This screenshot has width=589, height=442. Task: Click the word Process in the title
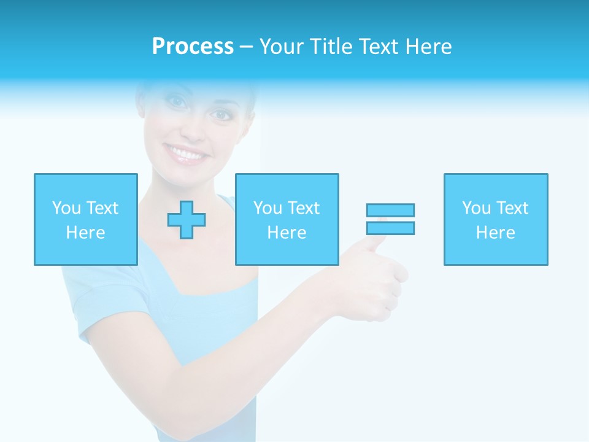[x=193, y=47]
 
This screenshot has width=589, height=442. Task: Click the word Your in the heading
[x=283, y=47]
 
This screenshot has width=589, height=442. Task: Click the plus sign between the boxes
[x=187, y=220]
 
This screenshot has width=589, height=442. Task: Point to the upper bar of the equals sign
[x=390, y=210]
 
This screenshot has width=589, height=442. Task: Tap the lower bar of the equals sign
[x=390, y=228]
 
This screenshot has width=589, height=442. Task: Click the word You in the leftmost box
[x=66, y=208]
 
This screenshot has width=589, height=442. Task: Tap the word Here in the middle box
[x=287, y=233]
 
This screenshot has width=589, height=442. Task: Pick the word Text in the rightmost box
[x=511, y=208]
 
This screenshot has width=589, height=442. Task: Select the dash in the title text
[x=246, y=47]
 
